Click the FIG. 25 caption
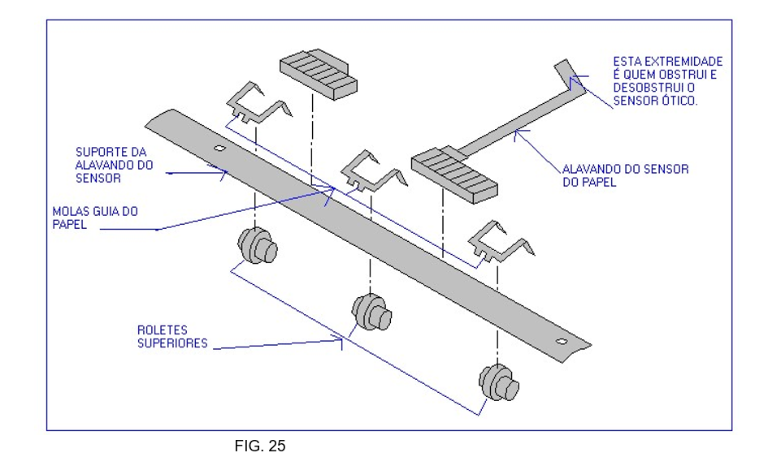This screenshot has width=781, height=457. click(x=260, y=446)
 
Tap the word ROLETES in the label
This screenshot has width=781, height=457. click(x=163, y=330)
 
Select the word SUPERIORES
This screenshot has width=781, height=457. click(x=173, y=343)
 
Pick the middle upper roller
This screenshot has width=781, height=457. click(x=371, y=310)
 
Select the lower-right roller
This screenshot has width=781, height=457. click(x=498, y=382)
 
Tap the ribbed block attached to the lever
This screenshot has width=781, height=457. click(x=454, y=174)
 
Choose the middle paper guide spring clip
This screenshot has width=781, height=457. click(x=371, y=172)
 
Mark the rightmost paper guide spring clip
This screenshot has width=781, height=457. click(x=499, y=243)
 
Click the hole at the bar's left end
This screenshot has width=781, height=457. click(x=218, y=149)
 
